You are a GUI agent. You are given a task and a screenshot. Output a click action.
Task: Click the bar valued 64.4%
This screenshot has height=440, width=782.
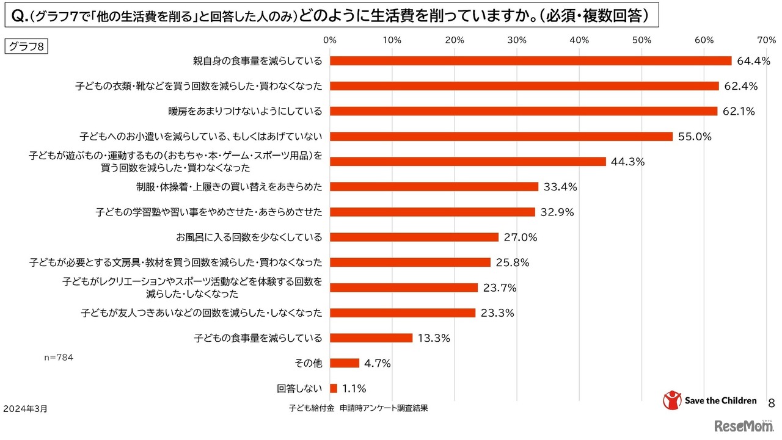pyautogui.click(x=530, y=61)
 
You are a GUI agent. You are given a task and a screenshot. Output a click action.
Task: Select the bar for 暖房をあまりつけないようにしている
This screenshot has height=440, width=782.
pyautogui.click(x=524, y=111)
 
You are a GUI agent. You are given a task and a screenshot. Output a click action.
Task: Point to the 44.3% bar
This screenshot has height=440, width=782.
pyautogui.click(x=468, y=162)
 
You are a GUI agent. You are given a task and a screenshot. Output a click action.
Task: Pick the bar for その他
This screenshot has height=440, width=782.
pyautogui.click(x=345, y=363)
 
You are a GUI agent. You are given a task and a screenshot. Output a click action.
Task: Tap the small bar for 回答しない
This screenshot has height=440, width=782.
pyautogui.click(x=334, y=388)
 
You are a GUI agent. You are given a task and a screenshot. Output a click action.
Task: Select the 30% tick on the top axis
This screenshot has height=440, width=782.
pyautogui.click(x=517, y=40)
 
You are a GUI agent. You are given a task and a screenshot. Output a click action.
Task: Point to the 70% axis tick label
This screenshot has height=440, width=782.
pyautogui.click(x=766, y=40)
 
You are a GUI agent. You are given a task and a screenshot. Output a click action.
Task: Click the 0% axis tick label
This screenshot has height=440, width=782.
pyautogui.click(x=330, y=40)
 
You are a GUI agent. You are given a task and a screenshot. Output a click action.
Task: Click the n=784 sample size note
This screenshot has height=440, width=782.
pyautogui.click(x=59, y=358)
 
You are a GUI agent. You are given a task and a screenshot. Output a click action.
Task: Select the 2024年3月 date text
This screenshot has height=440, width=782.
pyautogui.click(x=25, y=408)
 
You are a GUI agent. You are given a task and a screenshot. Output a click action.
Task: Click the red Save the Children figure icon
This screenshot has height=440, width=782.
pyautogui.click(x=671, y=400)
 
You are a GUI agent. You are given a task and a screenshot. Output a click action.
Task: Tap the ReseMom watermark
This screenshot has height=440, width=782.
pyautogui.click(x=744, y=425)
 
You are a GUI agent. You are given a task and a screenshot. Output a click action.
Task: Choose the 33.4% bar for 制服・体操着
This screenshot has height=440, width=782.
pyautogui.click(x=434, y=187)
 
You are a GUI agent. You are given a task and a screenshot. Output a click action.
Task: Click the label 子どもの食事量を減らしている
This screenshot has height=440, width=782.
pyautogui.click(x=258, y=337)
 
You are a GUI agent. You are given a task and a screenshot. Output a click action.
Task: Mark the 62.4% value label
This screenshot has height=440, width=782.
pyautogui.click(x=740, y=87)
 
